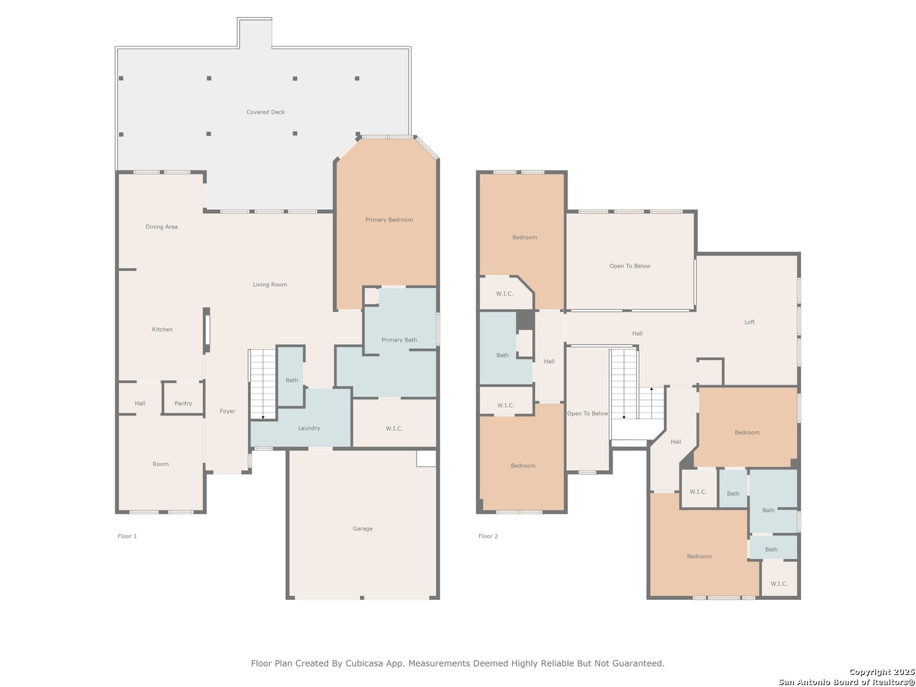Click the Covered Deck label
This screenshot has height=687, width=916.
tap(265, 112)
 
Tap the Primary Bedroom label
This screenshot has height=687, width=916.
tap(389, 219)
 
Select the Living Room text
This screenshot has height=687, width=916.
tap(270, 284)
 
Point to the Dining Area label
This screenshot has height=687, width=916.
tap(162, 226)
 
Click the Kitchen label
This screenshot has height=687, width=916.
tap(162, 329)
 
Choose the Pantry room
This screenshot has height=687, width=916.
tap(183, 398)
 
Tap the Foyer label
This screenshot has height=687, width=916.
tap(228, 411)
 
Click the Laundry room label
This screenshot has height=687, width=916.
tap(309, 428)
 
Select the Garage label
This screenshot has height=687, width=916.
tap(362, 529)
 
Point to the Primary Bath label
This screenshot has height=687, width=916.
tap(399, 340)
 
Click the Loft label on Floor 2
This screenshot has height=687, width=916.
tap(749, 322)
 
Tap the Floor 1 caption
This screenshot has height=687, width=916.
tap(127, 536)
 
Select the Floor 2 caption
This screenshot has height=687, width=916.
tap(488, 536)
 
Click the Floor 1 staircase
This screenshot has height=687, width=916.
tap(263, 384)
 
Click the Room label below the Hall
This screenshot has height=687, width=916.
tap(160, 464)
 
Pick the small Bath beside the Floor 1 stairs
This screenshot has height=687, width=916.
tap(291, 376)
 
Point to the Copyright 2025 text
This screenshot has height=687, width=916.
tap(882, 672)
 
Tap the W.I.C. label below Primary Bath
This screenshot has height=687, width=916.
tap(394, 428)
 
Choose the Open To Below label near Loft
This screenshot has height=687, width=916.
tap(629, 266)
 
